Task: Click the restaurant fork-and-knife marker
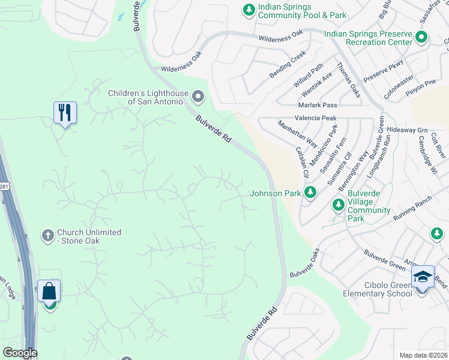pyautogui.click(x=65, y=113)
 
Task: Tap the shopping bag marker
pyautogui.click(x=49, y=292)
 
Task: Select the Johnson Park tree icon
pyautogui.click(x=310, y=193)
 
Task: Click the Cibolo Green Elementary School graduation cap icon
pyautogui.click(x=423, y=277)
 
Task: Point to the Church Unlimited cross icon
pyautogui.click(x=48, y=236)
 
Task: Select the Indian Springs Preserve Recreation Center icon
pyautogui.click(x=421, y=38)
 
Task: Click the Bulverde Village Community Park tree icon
pyautogui.click(x=339, y=205)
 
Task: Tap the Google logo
pyautogui.click(x=19, y=353)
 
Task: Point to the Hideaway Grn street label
pyautogui.click(x=407, y=130)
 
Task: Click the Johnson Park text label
pyautogui.click(x=275, y=193)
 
